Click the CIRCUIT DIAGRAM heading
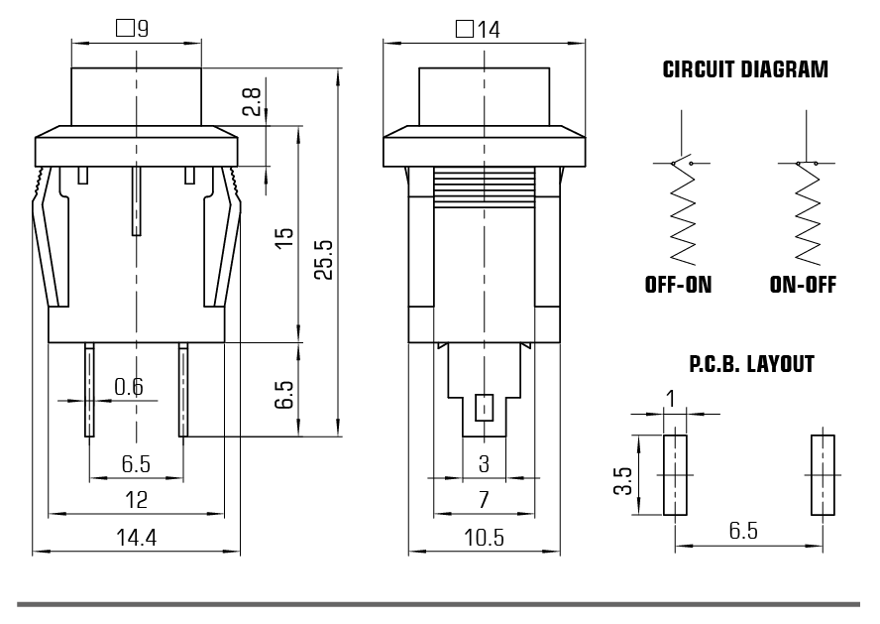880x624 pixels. pyautogui.click(x=744, y=70)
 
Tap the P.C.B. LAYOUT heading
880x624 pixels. pyautogui.click(x=751, y=365)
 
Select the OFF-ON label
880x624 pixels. pyautogui.click(x=678, y=286)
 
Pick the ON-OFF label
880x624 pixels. pyautogui.click(x=803, y=286)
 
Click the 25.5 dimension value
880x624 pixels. pyautogui.click(x=323, y=259)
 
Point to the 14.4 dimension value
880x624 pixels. pyautogui.click(x=137, y=538)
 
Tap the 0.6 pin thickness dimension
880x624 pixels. pyautogui.click(x=128, y=387)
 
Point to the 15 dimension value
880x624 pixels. pyautogui.click(x=284, y=238)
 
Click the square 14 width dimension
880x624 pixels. pyautogui.click(x=478, y=30)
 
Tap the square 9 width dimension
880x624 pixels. pyautogui.click(x=133, y=30)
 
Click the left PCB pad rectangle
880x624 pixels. pyautogui.click(x=675, y=475)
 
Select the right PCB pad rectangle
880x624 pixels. pyautogui.click(x=823, y=475)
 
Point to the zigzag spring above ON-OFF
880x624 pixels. pyautogui.click(x=805, y=219)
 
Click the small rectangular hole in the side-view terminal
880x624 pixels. pyautogui.click(x=485, y=408)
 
